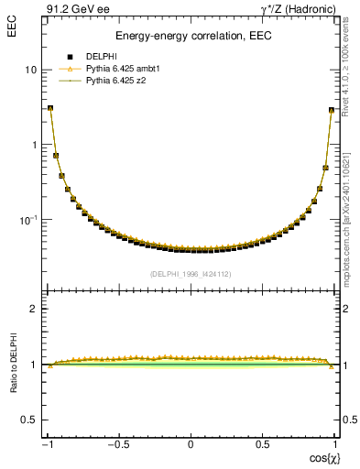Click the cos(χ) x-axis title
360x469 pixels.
pos(324,457)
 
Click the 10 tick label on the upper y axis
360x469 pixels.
pos(32,70)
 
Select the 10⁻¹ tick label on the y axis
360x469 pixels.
pos(29,220)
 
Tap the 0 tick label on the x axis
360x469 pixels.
pos(191,445)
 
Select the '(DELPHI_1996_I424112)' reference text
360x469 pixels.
pos(191,273)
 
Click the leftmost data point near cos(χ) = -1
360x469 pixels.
pos(50,108)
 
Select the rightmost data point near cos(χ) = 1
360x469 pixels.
pos(332,110)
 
